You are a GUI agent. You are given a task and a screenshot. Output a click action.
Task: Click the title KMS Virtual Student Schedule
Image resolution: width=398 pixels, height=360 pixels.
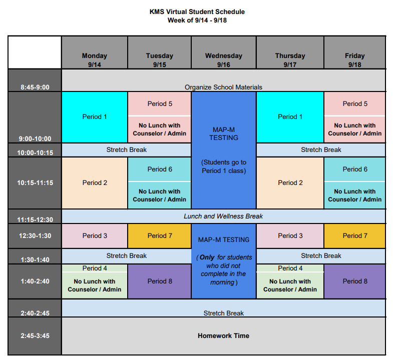(x=197, y=11)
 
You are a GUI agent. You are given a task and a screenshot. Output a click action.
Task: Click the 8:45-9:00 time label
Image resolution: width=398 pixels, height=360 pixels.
(x=35, y=87)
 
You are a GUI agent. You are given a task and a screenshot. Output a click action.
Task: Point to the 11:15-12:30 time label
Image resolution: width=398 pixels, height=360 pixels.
(x=35, y=219)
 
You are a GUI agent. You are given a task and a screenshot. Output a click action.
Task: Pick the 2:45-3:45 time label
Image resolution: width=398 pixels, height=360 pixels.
(x=35, y=335)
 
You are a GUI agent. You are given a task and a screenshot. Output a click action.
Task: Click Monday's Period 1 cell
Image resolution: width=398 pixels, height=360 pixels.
(x=95, y=117)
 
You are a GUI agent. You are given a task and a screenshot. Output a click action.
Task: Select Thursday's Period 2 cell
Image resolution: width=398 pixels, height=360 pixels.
(x=290, y=183)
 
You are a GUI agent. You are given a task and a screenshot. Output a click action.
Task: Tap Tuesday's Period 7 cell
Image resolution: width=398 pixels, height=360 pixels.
(x=160, y=236)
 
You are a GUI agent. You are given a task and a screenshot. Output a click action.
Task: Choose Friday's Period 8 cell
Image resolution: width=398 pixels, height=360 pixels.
(x=355, y=281)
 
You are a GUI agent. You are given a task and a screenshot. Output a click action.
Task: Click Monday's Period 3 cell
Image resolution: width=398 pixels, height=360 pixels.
(x=95, y=236)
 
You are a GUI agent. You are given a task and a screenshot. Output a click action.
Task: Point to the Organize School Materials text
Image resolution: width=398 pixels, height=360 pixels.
(x=223, y=87)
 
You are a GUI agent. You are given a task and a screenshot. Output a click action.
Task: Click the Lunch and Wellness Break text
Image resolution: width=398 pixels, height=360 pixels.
(x=223, y=216)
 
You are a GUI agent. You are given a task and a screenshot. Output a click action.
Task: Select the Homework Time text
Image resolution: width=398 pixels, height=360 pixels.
(x=223, y=335)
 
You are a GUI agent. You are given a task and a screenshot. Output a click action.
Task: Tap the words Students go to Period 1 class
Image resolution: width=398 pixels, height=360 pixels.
(x=224, y=166)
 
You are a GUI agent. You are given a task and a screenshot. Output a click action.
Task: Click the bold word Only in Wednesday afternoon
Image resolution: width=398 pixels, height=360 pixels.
(x=207, y=257)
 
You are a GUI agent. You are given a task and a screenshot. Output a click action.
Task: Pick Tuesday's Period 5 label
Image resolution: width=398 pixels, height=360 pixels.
(x=160, y=103)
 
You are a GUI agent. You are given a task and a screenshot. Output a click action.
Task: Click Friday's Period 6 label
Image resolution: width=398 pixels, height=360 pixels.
(x=355, y=169)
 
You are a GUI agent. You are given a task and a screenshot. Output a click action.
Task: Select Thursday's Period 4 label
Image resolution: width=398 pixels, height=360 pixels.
(x=290, y=268)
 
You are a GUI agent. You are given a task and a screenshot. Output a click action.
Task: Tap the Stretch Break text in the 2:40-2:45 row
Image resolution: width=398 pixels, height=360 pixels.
(x=223, y=313)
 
